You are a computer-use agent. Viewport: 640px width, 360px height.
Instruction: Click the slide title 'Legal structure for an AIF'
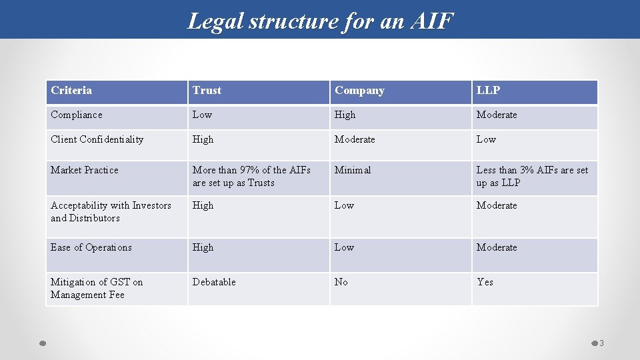[320, 21]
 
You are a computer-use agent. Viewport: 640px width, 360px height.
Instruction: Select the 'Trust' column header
[207, 91]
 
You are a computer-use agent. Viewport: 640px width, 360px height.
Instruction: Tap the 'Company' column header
[359, 91]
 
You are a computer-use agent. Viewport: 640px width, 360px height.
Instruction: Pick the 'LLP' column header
[488, 91]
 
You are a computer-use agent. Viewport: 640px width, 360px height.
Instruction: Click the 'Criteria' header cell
[71, 91]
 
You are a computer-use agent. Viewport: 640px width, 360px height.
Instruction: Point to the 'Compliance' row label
[77, 115]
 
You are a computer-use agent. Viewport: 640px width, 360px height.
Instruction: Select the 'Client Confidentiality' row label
[97, 139]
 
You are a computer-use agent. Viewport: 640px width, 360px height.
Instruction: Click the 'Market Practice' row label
[85, 170]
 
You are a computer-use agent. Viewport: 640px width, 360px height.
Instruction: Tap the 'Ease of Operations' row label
[91, 247]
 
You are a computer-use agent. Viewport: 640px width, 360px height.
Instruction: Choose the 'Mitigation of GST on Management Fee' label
[96, 288]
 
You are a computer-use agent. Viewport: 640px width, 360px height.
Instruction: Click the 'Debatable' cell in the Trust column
[214, 282]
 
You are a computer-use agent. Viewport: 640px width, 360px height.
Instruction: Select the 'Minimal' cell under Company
[353, 170]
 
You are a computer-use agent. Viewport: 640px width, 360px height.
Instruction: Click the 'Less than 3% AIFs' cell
[532, 176]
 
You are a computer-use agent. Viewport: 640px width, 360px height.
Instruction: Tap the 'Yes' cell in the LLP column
[485, 282]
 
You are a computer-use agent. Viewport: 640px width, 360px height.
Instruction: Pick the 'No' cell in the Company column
[341, 282]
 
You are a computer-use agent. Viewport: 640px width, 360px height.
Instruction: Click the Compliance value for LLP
[497, 115]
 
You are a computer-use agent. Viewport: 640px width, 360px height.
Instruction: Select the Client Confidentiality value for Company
[355, 139]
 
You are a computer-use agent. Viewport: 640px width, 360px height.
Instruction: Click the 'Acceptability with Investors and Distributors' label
[111, 211]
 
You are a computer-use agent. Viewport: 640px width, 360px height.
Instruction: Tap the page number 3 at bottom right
[601, 343]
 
